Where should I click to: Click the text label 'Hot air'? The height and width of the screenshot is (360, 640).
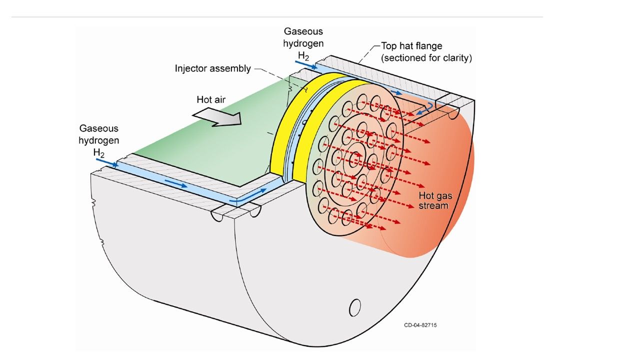[211, 99]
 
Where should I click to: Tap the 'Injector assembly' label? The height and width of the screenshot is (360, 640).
[212, 68]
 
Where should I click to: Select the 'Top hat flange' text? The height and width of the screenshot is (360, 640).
[411, 46]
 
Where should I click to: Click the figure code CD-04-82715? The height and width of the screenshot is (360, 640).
[420, 325]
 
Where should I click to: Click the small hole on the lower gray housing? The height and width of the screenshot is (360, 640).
[354, 307]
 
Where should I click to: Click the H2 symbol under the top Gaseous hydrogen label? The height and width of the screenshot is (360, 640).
[303, 54]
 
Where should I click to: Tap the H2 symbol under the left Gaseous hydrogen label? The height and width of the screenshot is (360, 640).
[98, 152]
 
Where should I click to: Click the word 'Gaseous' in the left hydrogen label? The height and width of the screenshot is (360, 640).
[98, 128]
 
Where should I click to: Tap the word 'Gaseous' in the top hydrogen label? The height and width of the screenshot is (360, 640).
[303, 31]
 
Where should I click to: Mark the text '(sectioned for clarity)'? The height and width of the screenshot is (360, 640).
[426, 57]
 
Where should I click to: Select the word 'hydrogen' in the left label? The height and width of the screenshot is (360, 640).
[98, 140]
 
